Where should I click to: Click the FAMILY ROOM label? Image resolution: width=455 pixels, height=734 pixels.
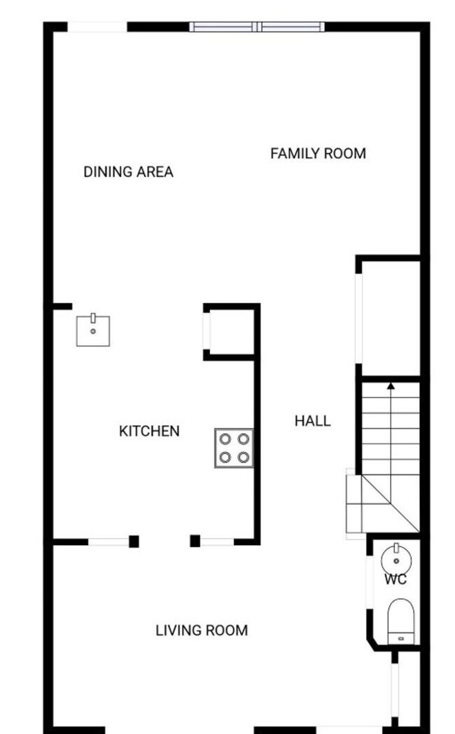point(318,153)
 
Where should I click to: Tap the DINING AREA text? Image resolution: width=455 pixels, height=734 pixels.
point(128,171)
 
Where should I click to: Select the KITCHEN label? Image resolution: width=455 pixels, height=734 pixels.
point(149,431)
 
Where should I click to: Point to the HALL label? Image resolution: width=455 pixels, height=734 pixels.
point(312,421)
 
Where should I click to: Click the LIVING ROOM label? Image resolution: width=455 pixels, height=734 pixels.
point(202,630)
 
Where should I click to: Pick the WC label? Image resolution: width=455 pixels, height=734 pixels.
point(395,579)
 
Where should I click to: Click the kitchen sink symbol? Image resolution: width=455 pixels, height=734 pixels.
point(93,330)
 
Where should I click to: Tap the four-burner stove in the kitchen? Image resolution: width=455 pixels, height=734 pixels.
point(234,449)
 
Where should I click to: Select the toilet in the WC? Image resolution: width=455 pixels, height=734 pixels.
point(401,620)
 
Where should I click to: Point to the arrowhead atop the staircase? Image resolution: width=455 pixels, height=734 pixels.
point(391,385)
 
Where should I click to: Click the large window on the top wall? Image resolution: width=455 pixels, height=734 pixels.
point(257,27)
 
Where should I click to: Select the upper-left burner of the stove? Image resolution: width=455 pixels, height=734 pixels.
point(225,439)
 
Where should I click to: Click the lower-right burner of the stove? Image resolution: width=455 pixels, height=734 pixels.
point(243,458)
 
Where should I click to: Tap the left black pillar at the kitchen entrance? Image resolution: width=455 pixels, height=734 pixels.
point(134,541)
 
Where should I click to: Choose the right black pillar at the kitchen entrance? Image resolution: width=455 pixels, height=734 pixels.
point(195,541)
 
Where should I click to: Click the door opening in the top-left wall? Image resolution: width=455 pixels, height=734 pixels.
point(97,27)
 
